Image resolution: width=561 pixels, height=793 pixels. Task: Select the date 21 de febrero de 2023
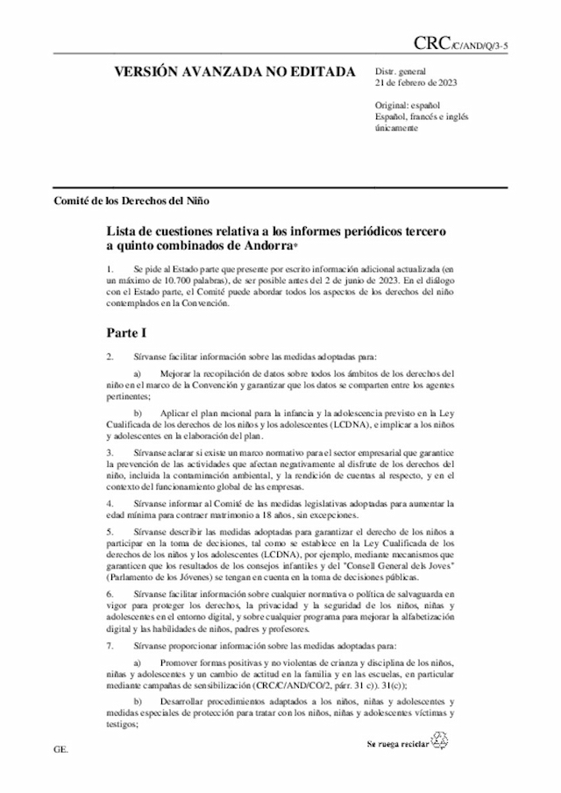coord(416,83)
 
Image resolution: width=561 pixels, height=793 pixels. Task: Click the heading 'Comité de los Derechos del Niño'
coord(131,199)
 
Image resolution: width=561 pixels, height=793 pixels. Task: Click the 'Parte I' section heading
coord(127,333)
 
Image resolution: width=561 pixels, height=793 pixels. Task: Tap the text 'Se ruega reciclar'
coord(397,743)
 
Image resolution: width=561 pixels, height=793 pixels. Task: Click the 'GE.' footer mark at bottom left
coord(60,751)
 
